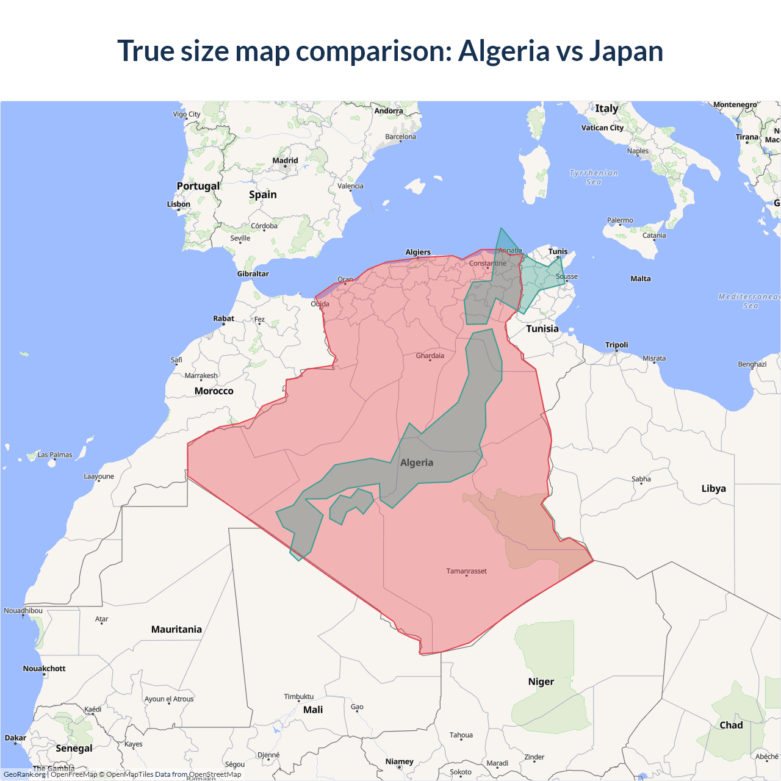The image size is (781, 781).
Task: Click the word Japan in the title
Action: pos(626,51)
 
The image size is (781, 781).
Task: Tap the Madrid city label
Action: pos(285,161)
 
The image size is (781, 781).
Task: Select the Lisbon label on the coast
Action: pos(179,204)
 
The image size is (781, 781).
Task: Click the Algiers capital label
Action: pos(418,252)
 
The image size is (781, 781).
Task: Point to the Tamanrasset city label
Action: pos(466,571)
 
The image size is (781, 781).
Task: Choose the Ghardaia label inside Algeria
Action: pos(430,356)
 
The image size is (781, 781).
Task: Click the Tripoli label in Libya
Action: pos(616,345)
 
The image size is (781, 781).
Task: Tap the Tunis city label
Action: pos(558,251)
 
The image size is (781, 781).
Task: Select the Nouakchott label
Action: pos(44,669)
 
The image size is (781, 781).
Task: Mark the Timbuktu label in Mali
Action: pos(299,697)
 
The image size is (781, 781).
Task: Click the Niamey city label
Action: pos(399,761)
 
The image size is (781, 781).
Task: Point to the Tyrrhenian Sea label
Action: pos(594,178)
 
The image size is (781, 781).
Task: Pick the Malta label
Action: pos(641,279)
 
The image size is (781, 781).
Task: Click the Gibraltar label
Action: pos(253,274)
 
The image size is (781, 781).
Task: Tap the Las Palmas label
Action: pos(55,455)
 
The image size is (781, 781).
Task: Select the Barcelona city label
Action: pos(400,137)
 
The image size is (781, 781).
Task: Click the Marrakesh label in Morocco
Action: pos(201,376)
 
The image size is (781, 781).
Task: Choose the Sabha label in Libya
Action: pos(641,479)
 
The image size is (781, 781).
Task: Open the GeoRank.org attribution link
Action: pos(24,774)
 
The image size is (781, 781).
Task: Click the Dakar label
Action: pos(15,738)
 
